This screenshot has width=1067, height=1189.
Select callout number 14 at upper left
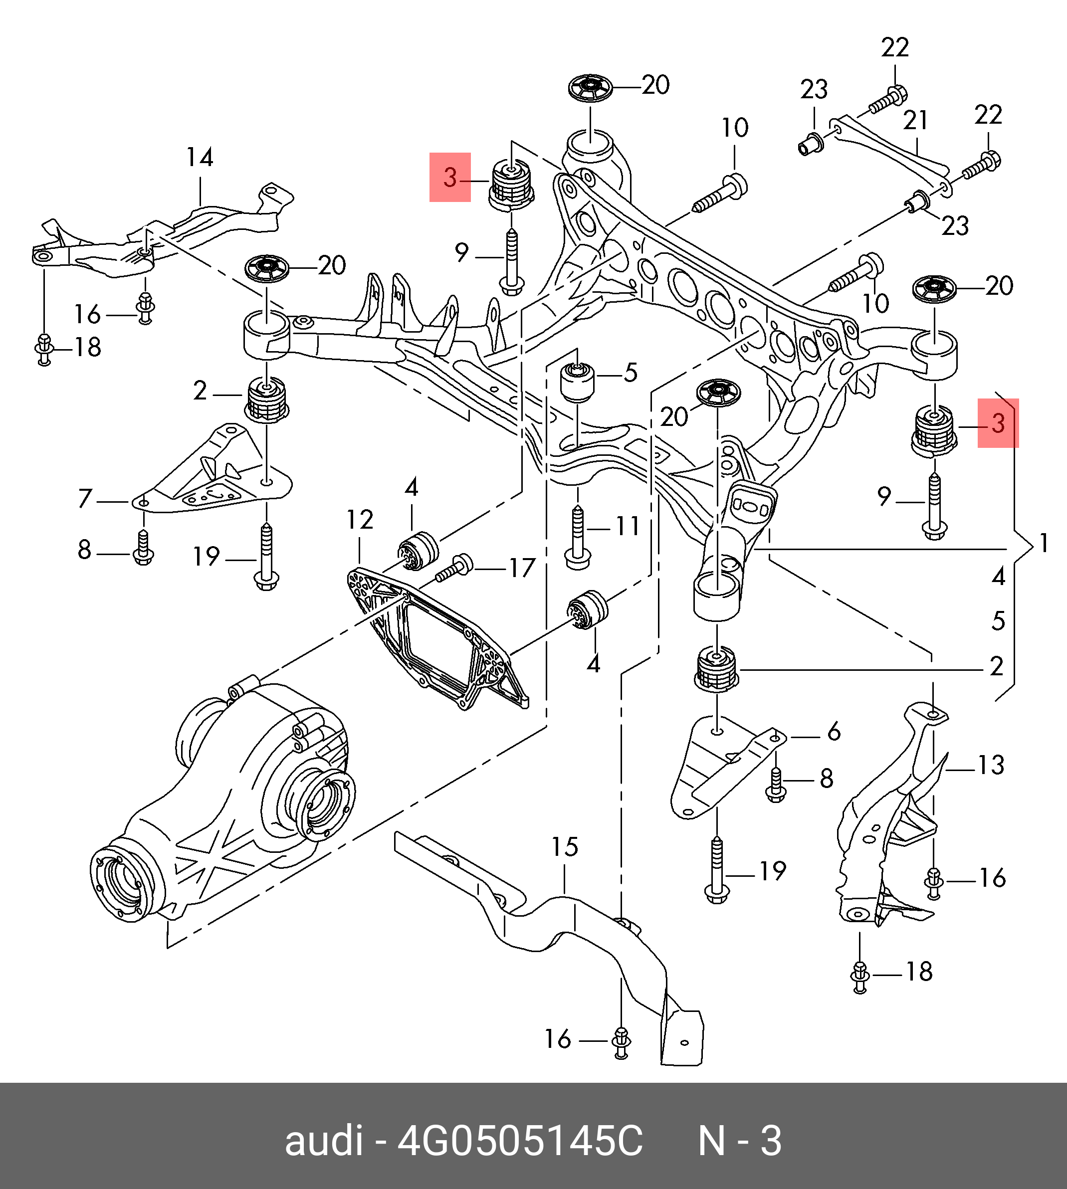(200, 157)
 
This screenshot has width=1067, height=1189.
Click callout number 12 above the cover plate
(359, 519)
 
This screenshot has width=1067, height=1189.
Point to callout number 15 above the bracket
(565, 846)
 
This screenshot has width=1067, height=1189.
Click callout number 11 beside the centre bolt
(627, 526)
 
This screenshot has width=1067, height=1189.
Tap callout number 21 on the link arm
(915, 120)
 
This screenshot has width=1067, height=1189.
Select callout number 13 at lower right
(991, 765)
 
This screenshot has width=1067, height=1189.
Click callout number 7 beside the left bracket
(86, 499)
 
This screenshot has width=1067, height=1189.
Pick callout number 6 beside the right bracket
(834, 731)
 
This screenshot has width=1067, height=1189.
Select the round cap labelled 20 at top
(591, 88)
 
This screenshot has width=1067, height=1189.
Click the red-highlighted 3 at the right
(998, 423)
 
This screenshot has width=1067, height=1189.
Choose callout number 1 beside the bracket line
(1044, 544)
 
